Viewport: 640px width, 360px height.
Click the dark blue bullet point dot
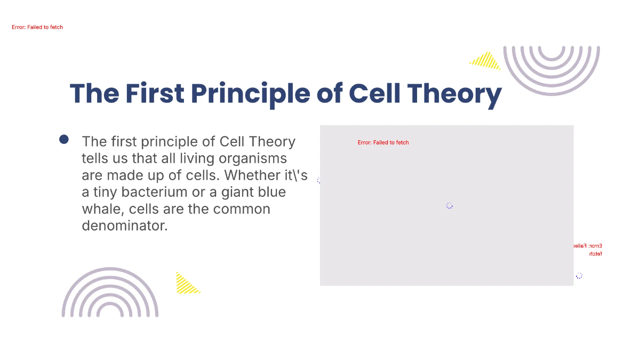64,140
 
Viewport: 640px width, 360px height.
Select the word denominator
125,226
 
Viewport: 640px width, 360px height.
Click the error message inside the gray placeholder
383,142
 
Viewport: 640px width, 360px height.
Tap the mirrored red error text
588,250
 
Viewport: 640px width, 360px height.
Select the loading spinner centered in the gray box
449,206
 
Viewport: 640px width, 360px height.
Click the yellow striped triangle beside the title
486,61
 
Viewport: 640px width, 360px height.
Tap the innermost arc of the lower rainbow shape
110,311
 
